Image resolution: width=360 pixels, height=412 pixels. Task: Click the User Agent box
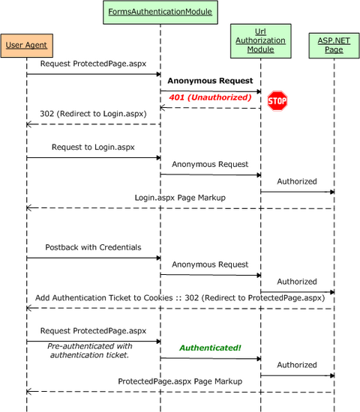point(26,45)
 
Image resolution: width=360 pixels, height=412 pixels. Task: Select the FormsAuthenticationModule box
point(159,12)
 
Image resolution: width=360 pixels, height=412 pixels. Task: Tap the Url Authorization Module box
point(260,41)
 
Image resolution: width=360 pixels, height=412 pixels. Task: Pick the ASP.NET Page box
point(333,46)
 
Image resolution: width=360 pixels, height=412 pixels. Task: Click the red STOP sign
point(277,100)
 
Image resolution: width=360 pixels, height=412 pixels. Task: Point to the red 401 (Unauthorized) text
point(209,97)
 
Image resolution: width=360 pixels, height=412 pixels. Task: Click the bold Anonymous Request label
point(210,80)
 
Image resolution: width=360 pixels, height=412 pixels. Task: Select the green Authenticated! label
point(209,348)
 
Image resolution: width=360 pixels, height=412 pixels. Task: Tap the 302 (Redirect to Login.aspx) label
point(93,114)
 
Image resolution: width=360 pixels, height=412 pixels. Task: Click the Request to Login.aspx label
point(93,148)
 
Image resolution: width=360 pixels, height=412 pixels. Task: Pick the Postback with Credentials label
point(93,247)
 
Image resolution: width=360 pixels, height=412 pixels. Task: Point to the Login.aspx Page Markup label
point(180,198)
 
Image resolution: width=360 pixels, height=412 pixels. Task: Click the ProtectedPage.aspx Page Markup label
point(180,381)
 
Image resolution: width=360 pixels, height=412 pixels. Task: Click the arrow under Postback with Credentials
point(93,258)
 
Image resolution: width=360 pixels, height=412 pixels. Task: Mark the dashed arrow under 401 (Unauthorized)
point(210,107)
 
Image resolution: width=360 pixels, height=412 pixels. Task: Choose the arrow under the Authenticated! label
point(210,358)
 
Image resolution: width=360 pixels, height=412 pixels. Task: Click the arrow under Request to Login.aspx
point(93,158)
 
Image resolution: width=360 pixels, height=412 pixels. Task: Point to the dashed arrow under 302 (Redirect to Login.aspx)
point(93,124)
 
